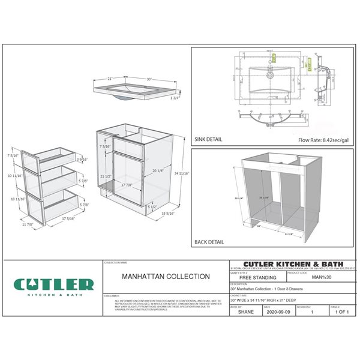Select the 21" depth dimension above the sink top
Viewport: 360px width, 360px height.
point(110,78)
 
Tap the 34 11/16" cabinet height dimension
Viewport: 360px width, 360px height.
point(183,173)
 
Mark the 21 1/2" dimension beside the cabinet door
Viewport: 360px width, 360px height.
point(105,176)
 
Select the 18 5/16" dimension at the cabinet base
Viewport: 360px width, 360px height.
point(168,213)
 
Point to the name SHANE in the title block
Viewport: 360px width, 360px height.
point(245,312)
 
